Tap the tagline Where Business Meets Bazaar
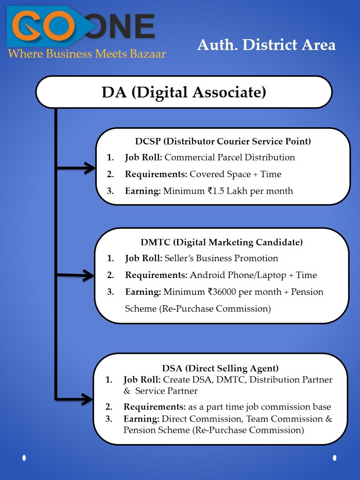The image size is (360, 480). pos(87,53)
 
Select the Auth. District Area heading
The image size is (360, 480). pos(266,45)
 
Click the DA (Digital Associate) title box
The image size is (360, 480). pos(184,92)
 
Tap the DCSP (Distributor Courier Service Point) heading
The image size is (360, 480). pos(223,141)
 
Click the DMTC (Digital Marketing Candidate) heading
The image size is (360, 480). pos(222,242)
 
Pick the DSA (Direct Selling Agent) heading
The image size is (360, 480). pos(220,368)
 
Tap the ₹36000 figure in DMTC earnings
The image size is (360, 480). pos(225,292)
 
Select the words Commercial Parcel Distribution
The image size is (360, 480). pos(230,157)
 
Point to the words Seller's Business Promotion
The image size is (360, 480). pos(221,258)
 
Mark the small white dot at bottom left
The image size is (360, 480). pos(24,457)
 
